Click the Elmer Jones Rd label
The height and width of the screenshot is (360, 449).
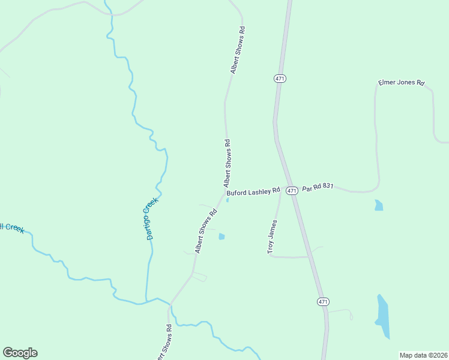click(x=401, y=83)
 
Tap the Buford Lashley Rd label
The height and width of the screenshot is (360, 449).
click(x=253, y=192)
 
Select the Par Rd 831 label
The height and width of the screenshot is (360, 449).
click(x=318, y=187)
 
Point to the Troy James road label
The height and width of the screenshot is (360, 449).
click(x=273, y=236)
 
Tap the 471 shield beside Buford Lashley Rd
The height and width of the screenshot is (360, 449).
click(x=292, y=190)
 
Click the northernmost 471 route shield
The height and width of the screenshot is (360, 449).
click(x=280, y=79)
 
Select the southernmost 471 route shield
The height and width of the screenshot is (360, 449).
click(x=323, y=301)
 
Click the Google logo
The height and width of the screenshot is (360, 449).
click(x=20, y=353)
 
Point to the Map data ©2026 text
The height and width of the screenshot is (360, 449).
click(x=423, y=355)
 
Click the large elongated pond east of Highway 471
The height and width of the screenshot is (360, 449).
click(x=383, y=316)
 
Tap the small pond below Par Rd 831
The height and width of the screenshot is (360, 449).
click(x=378, y=205)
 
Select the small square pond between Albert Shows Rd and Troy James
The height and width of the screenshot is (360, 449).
click(x=221, y=236)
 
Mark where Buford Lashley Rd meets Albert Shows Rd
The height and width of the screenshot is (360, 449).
click(x=225, y=194)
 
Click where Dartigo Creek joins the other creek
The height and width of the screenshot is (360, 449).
click(x=146, y=302)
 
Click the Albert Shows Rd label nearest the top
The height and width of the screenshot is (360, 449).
click(x=238, y=50)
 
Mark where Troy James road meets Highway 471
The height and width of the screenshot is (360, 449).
click(x=310, y=256)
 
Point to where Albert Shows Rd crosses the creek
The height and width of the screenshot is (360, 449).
click(x=170, y=304)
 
